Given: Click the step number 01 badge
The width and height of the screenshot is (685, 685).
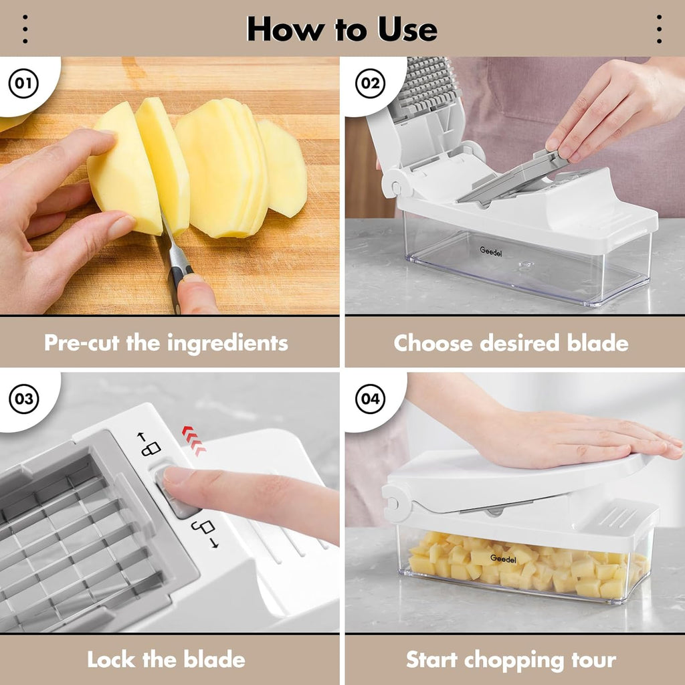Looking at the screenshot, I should [23, 84].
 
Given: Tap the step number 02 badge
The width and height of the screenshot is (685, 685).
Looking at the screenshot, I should [369, 84].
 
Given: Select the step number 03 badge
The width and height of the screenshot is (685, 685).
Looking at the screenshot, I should [23, 400].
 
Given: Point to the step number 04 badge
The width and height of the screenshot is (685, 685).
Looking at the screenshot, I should [369, 400].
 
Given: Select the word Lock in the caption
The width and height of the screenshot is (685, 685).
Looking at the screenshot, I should [110, 660].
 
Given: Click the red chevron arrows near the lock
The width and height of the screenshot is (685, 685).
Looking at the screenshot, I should [193, 441].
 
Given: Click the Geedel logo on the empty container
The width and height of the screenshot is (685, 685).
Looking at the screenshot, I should [491, 250].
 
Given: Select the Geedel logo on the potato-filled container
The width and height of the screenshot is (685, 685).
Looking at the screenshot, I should [502, 558].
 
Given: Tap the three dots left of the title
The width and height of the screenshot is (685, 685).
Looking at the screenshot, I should [25, 29].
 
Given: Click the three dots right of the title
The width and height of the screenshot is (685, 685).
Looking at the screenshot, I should [659, 29].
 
